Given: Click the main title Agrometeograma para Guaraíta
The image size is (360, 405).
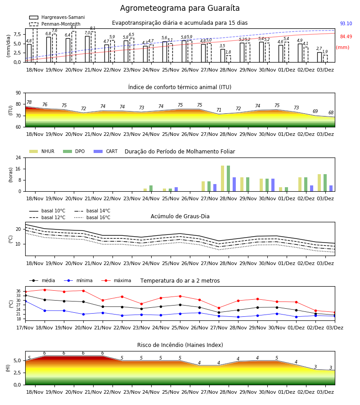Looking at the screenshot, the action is click(x=180, y=8).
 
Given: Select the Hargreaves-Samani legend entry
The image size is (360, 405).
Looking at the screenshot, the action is click(x=57, y=17).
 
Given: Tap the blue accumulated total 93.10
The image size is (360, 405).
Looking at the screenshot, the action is click(x=346, y=23).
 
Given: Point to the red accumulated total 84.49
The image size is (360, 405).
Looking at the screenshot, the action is click(x=346, y=36).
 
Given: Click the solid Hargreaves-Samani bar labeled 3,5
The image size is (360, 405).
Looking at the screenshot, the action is click(x=223, y=55).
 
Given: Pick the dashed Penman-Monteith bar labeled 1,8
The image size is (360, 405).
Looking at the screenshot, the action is click(x=228, y=59).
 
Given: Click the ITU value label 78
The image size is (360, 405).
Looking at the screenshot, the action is click(x=29, y=102).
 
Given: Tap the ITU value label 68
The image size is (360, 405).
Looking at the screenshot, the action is click(x=331, y=112).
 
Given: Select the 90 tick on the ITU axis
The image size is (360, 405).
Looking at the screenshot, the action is click(x=18, y=93).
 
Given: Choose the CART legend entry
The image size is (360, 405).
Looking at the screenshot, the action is click(x=106, y=151).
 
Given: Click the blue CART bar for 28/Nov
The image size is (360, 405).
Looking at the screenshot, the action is click(x=234, y=184).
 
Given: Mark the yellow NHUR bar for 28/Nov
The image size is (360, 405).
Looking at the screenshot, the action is click(x=223, y=179).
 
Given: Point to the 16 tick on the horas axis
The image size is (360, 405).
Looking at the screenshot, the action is click(x=18, y=169).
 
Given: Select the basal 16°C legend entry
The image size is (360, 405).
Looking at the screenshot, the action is click(x=92, y=217).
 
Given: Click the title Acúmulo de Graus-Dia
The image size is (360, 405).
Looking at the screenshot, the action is click(x=180, y=216).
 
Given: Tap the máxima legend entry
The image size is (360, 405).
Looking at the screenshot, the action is click(x=117, y=280).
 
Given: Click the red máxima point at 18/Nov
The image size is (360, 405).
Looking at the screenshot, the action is click(x=45, y=290).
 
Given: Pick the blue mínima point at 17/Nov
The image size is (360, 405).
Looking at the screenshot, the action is click(x=25, y=301).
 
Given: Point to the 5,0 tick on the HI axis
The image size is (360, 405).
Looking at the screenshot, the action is click(x=18, y=360).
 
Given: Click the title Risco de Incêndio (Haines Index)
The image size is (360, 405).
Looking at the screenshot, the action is click(x=180, y=345).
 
